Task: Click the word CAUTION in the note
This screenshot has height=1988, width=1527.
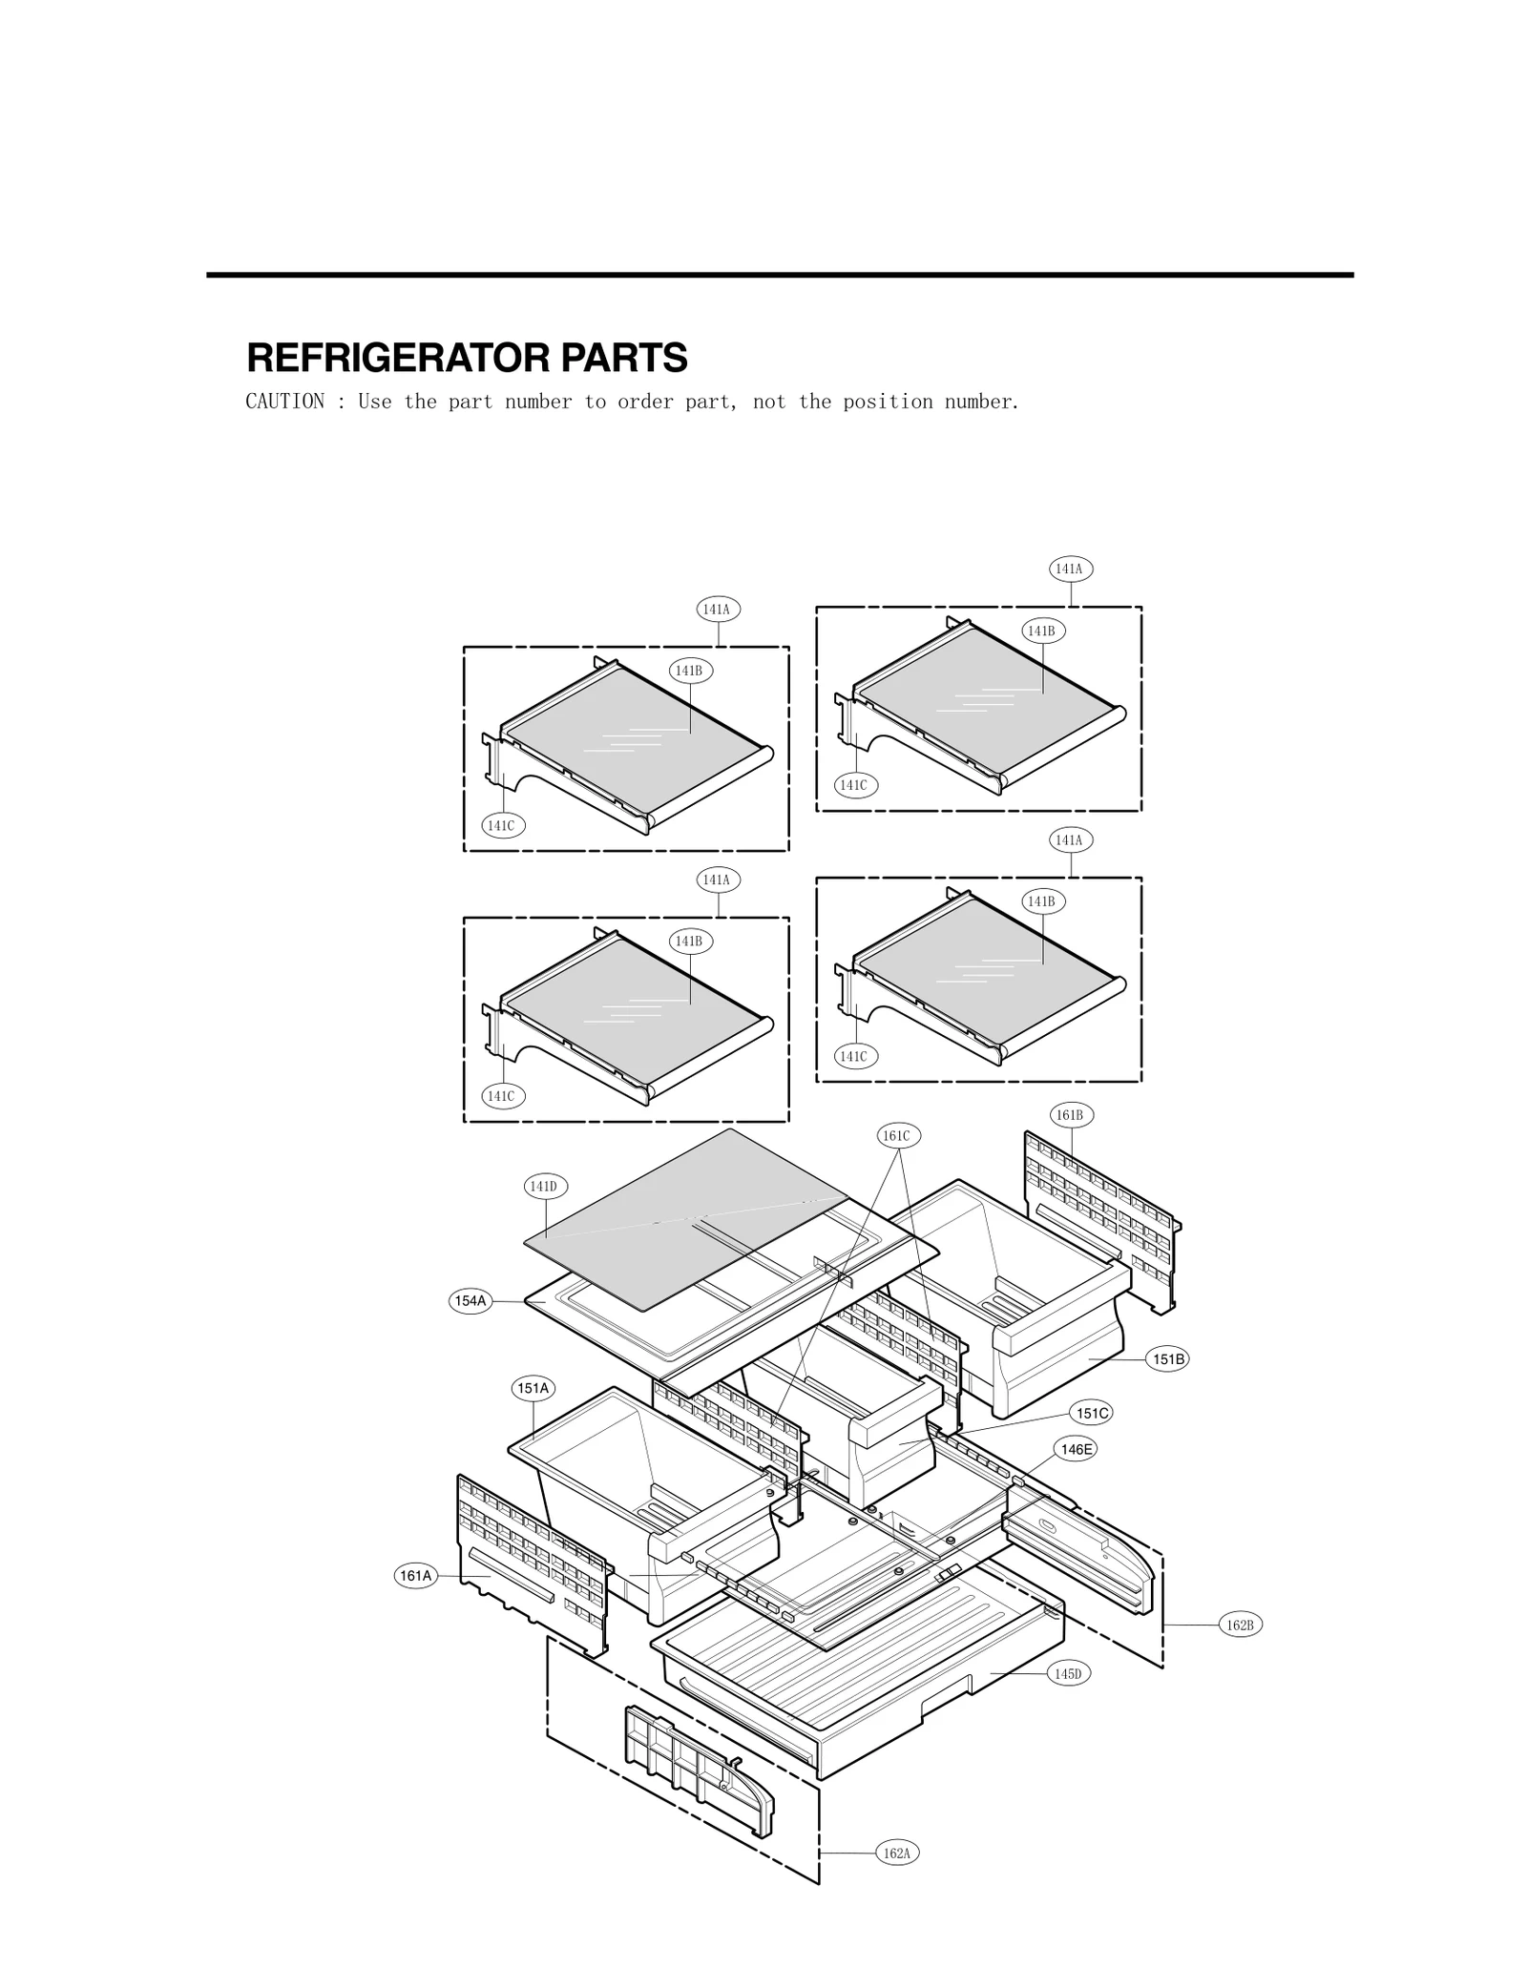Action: pyautogui.click(x=284, y=402)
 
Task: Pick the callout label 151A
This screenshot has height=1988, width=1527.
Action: pyautogui.click(x=533, y=1388)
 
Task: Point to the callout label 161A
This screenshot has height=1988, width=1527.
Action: pyautogui.click(x=416, y=1576)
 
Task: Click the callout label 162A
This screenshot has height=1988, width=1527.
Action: pyautogui.click(x=897, y=1853)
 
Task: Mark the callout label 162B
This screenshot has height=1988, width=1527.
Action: pyautogui.click(x=1240, y=1625)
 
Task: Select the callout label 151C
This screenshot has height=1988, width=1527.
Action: pyautogui.click(x=1092, y=1413)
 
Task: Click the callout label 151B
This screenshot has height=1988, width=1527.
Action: pyautogui.click(x=1167, y=1359)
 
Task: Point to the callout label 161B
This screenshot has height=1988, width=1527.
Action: pyautogui.click(x=1070, y=1115)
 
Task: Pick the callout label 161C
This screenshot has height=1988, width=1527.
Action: pyautogui.click(x=896, y=1135)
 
